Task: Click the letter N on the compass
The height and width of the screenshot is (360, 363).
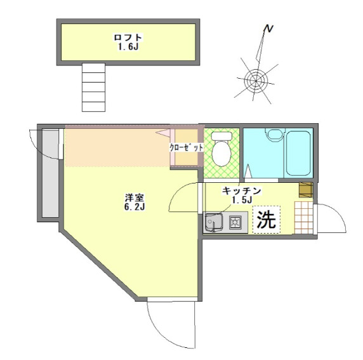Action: click(269, 29)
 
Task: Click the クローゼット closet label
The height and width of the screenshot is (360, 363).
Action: click(187, 147)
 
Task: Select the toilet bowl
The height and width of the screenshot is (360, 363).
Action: click(221, 150)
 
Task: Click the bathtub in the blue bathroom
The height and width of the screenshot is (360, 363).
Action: click(298, 153)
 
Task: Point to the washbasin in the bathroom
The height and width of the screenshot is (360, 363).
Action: click(274, 135)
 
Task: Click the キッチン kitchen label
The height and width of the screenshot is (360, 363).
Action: click(241, 190)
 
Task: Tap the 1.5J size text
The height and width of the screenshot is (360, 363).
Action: click(242, 200)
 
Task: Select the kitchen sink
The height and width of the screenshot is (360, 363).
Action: click(214, 222)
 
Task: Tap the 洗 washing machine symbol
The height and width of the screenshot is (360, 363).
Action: click(266, 220)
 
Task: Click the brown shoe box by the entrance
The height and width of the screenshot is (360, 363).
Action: click(306, 189)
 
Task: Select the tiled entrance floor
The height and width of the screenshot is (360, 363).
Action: click(306, 217)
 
